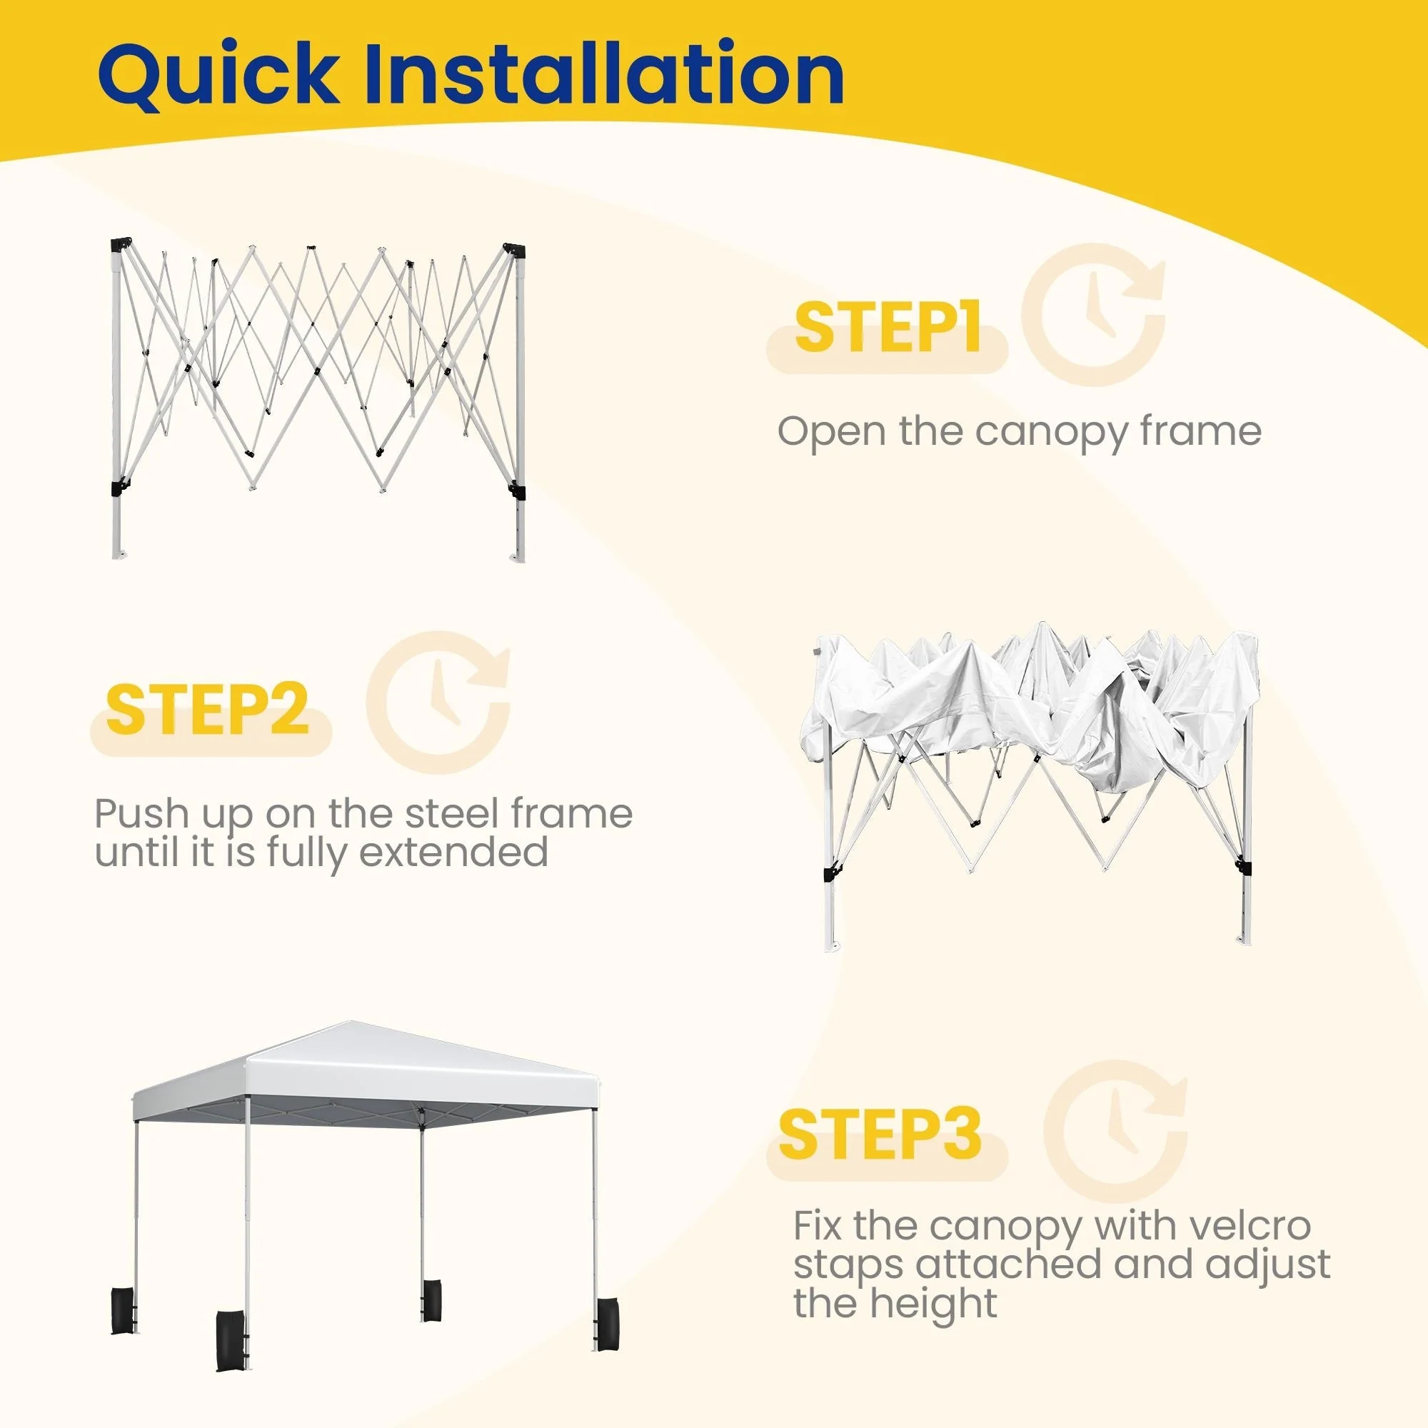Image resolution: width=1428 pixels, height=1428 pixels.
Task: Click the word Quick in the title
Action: pos(218,74)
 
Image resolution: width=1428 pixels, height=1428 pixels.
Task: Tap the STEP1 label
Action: pos(887,328)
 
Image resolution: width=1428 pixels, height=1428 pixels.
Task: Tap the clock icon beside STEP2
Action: pos(438,702)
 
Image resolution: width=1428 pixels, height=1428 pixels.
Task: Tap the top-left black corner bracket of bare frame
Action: pos(121,246)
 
